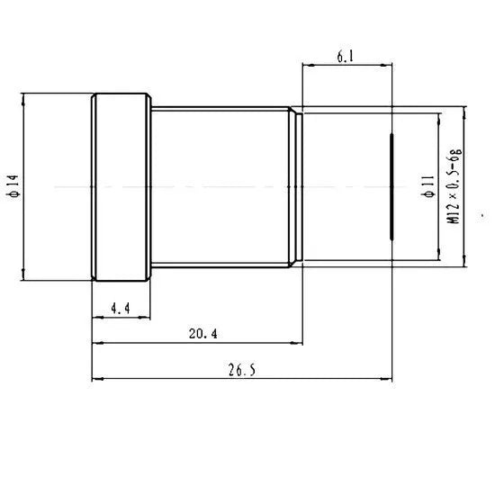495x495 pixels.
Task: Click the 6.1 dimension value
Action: point(345,57)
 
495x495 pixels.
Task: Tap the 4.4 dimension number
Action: point(120,309)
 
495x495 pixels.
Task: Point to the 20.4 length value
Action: point(202,334)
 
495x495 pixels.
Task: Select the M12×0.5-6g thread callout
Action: point(454,187)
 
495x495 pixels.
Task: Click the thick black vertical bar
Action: point(391,187)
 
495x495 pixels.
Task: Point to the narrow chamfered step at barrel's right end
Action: point(295,187)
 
